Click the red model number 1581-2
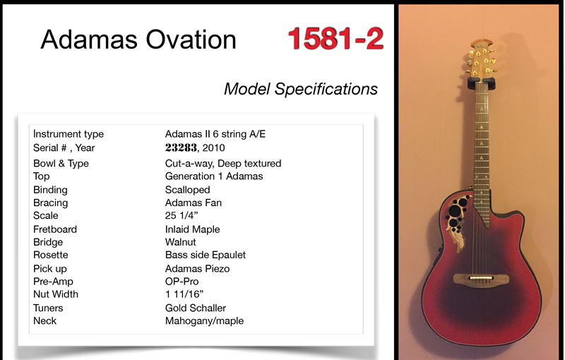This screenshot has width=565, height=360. coord(335,39)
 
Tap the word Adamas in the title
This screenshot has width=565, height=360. coord(89,39)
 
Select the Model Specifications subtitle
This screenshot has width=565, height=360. coord(301,89)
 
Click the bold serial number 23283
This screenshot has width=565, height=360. coord(181,148)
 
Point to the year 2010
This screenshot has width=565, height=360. coord(214,148)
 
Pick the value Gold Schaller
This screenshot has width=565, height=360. coord(196,308)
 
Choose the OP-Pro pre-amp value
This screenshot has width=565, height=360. coord(182,281)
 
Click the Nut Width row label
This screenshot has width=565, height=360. coord(56,294)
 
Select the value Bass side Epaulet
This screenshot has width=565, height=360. coord(206,255)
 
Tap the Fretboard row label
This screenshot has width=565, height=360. coord(55,229)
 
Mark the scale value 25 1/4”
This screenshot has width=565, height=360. coord(182,215)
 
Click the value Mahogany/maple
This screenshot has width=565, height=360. coord(204,320)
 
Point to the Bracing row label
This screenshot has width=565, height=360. coord(50,203)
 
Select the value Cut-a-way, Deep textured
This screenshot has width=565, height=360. coord(223,164)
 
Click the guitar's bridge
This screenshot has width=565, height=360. coord(481,279)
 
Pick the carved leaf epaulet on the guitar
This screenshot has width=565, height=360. coord(457,236)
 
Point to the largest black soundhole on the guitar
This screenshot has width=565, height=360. coord(455,211)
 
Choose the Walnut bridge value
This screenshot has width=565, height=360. coord(181,242)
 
